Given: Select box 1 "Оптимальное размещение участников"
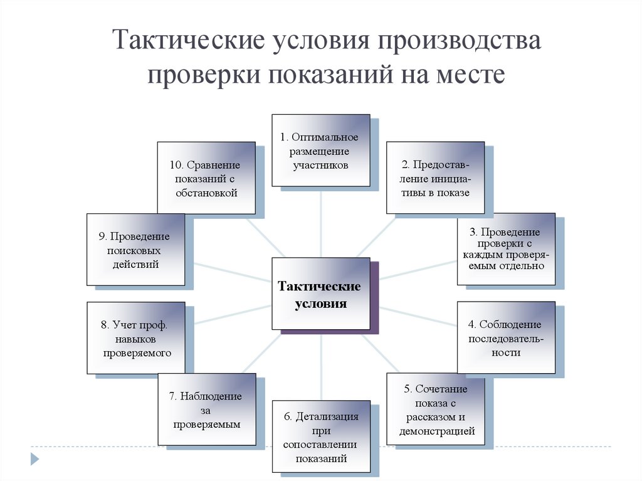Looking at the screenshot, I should click(x=320, y=151).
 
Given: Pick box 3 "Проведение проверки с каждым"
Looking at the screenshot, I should click(x=505, y=249).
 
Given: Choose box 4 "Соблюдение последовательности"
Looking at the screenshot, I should click(x=505, y=338).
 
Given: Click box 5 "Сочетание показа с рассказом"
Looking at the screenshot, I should click(x=436, y=410).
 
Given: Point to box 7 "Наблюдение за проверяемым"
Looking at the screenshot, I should click(x=206, y=410).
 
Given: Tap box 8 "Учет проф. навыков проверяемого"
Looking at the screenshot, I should click(x=135, y=339).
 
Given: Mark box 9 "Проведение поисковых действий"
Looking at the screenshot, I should click(x=135, y=250).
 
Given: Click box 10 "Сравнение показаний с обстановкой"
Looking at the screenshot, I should click(x=206, y=178).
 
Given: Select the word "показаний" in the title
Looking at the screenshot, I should click(x=327, y=73).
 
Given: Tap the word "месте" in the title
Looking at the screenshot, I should click(x=476, y=73).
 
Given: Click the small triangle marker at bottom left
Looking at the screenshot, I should click(x=35, y=458).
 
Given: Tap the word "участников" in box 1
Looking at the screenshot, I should click(x=320, y=166).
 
